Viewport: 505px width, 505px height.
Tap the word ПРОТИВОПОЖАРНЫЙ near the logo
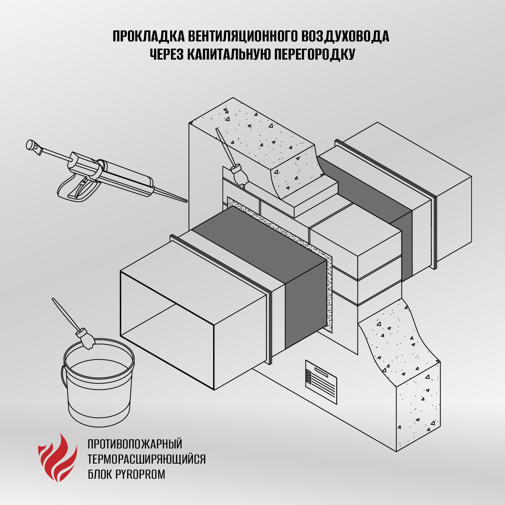[135, 444]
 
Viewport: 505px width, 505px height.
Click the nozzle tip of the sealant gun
[186, 201]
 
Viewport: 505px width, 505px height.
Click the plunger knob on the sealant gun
[31, 144]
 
